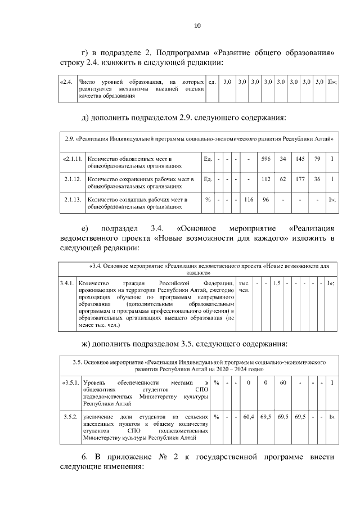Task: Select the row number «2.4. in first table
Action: coord(66,82)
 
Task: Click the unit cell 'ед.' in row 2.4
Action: coord(212,82)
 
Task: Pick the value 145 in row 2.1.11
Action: coord(300,159)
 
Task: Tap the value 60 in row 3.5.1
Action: coord(283,383)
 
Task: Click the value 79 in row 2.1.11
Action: coord(317,159)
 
